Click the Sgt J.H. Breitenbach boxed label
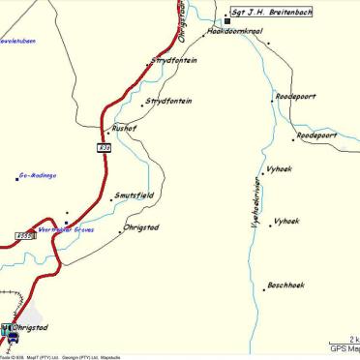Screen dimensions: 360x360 (x=272, y=12)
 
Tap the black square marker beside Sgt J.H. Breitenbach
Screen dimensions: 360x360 (x=227, y=18)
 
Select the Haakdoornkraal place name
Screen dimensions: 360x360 (x=235, y=32)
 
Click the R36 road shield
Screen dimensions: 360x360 (x=104, y=146)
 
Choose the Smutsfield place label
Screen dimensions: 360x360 (x=134, y=195)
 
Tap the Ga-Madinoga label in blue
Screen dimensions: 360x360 (x=39, y=176)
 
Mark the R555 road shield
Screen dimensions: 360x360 (x=25, y=235)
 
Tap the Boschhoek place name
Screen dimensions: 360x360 (x=285, y=285)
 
